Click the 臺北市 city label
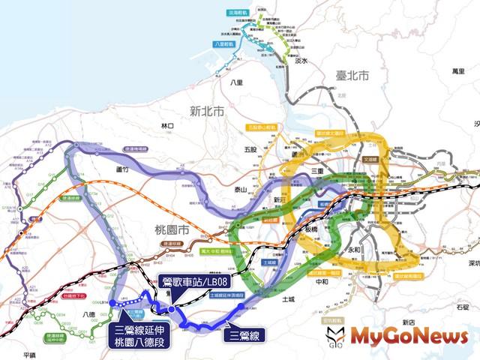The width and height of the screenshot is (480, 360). (352, 76)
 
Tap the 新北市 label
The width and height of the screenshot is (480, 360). (207, 111)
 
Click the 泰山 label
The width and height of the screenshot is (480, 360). (240, 190)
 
